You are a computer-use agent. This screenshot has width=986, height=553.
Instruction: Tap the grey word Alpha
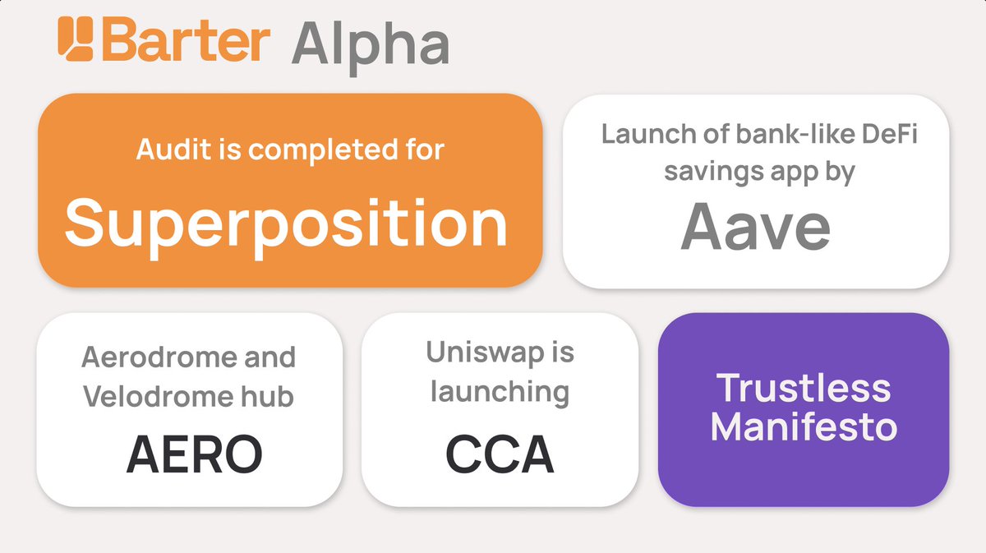370,45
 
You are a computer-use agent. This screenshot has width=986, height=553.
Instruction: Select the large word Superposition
287,224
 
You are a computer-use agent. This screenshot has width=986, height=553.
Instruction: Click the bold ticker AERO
194,454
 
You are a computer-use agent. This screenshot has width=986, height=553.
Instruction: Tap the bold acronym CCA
500,454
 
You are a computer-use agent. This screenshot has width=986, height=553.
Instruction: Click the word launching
500,392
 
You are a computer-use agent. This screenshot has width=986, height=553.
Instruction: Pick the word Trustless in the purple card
804,387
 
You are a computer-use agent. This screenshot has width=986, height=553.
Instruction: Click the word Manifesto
804,426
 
